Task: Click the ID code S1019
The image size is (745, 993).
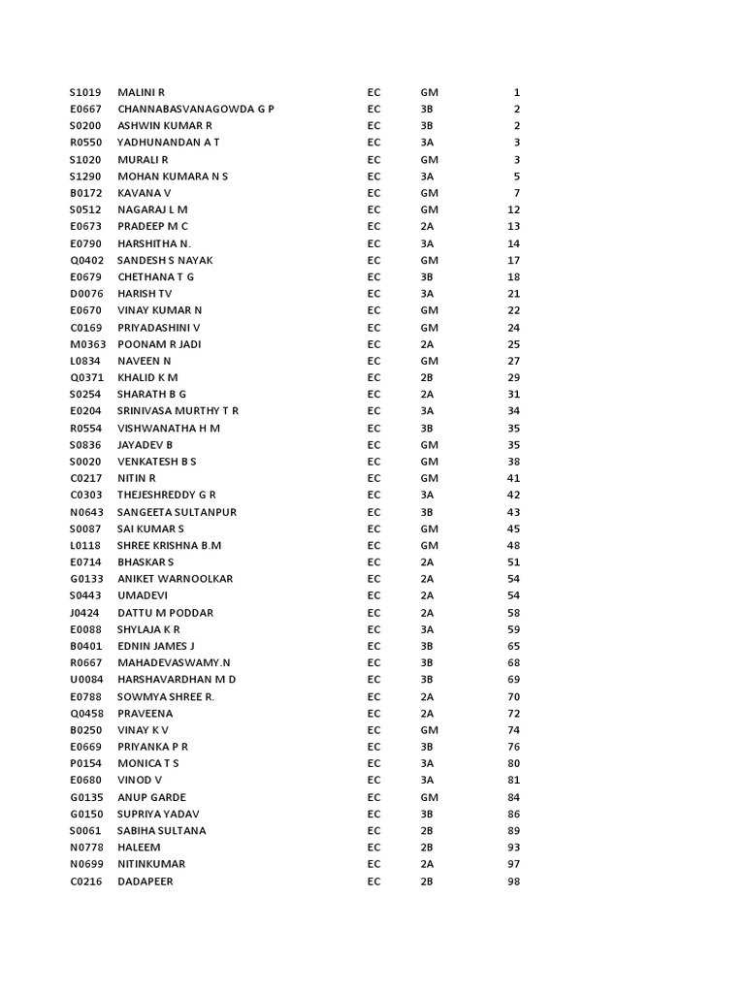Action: coord(83,92)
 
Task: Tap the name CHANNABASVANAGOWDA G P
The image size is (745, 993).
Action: coord(195,110)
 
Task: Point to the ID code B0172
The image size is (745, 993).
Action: coord(83,193)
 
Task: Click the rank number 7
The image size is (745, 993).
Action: coord(517,193)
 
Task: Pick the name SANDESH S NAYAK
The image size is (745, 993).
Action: coord(165,260)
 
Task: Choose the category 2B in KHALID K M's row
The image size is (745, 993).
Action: coord(427,377)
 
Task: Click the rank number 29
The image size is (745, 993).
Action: coord(514,377)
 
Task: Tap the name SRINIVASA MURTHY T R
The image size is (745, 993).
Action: coord(178,411)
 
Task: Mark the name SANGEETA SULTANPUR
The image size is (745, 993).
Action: coord(177,512)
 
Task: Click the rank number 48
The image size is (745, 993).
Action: coord(514,545)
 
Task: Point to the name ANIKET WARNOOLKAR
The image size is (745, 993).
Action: coord(175,579)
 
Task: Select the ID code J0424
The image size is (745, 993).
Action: coord(83,613)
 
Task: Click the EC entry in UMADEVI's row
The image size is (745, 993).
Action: coord(373,595)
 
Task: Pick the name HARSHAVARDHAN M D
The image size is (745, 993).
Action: coord(177,680)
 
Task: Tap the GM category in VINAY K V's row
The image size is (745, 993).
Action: coord(429,730)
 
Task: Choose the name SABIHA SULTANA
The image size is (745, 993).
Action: coord(161,831)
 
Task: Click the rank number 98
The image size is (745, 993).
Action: coord(514,881)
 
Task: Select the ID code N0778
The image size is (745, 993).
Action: coord(84,848)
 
